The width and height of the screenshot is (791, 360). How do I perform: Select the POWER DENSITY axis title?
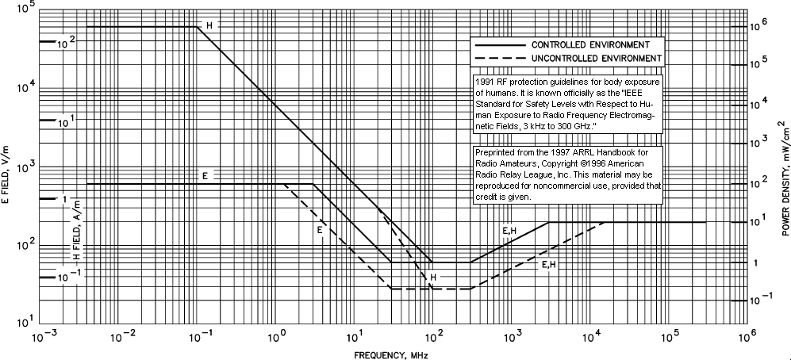[x=783, y=179]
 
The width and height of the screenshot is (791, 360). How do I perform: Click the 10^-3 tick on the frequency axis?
[x=44, y=337]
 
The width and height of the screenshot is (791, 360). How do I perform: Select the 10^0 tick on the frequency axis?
[x=278, y=337]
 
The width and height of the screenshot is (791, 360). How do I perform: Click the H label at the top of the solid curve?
[x=209, y=26]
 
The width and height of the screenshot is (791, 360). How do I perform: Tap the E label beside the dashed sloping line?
[x=320, y=230]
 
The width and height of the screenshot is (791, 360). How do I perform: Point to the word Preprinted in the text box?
[x=496, y=151]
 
